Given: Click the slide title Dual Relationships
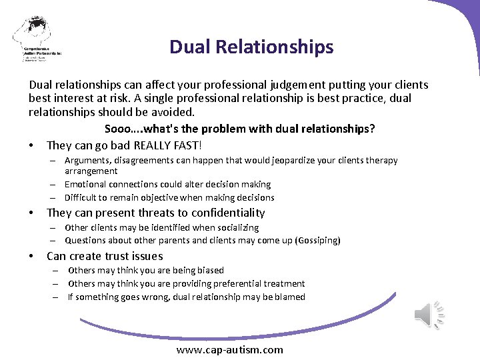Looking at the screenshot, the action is (251, 47).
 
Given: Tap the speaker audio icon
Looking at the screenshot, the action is (430, 314).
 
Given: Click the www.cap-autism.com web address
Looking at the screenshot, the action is (229, 349).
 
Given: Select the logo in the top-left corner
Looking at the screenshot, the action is (36, 39).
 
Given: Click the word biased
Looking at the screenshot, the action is (210, 270).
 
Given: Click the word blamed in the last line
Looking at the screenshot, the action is (289, 297).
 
